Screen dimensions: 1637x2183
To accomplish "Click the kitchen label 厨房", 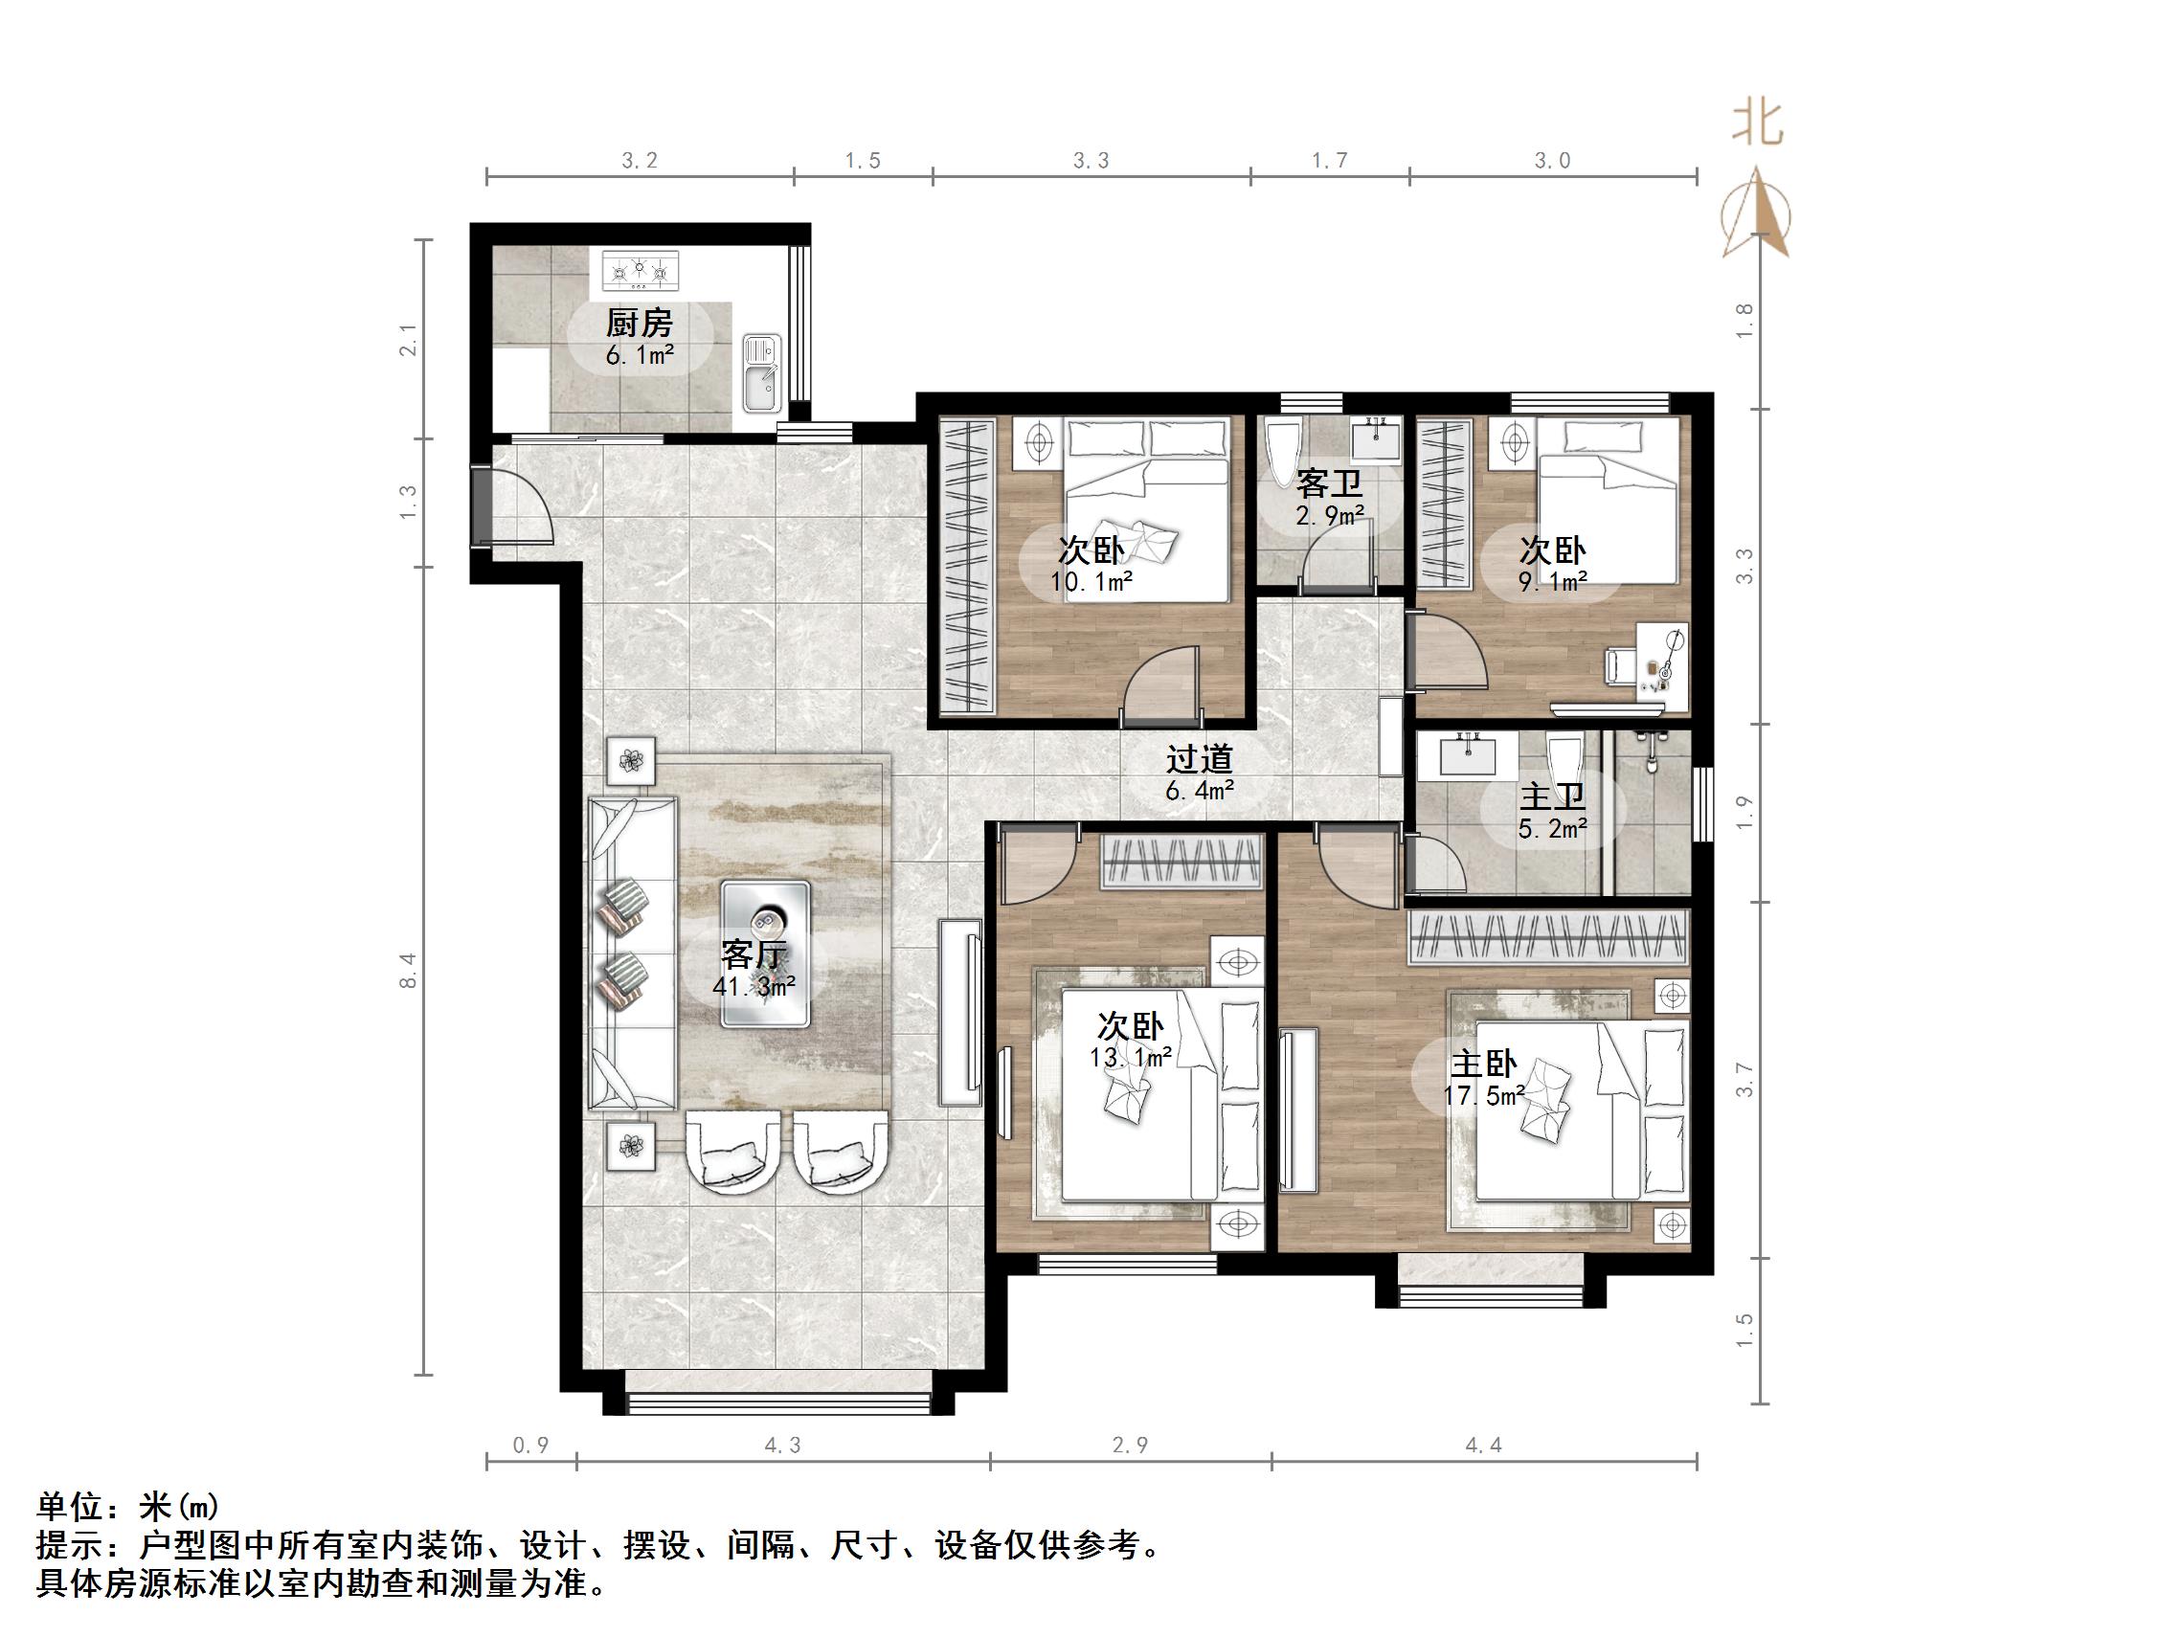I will [639, 323].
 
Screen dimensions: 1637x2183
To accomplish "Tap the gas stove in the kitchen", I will [641, 271].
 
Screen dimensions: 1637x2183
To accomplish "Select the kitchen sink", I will [760, 374].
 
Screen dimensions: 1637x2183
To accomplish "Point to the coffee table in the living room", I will [765, 954].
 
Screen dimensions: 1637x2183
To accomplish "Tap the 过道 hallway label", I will [1199, 759].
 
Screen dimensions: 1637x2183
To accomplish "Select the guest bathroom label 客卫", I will [1329, 483].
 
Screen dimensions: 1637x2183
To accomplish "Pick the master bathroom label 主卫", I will [1552, 796].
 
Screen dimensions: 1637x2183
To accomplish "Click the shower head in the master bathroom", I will [1651, 750].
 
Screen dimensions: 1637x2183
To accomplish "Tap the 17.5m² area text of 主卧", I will [1483, 1095].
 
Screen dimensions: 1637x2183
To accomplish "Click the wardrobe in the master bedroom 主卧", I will [1547, 936].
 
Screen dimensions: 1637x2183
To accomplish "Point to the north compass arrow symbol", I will [1756, 213].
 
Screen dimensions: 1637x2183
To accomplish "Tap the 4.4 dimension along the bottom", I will [1482, 1446].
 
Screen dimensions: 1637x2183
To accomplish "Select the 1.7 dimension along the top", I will [1328, 160].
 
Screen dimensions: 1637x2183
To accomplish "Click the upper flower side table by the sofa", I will [631, 760].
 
